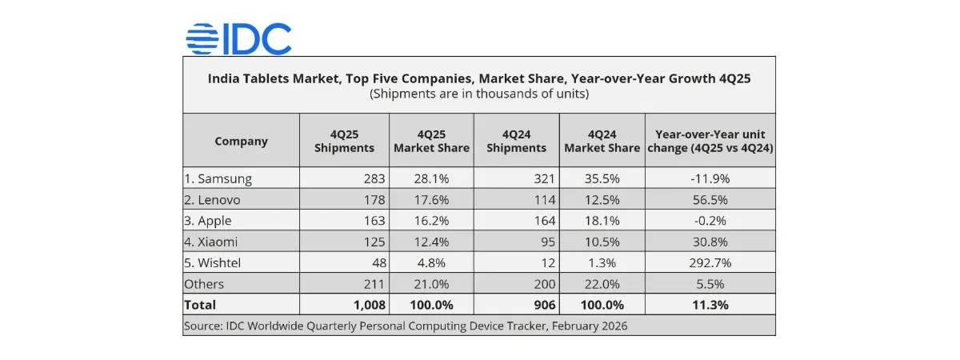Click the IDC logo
[238, 38]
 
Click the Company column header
[241, 141]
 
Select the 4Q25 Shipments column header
[344, 141]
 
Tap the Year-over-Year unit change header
[709, 141]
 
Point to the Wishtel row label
[214, 262]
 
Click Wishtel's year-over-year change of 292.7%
[709, 262]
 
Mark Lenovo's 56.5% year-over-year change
[709, 199]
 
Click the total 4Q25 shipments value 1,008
[370, 305]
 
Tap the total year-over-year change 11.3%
[709, 305]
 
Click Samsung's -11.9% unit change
[709, 178]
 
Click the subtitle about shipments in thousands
[479, 94]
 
